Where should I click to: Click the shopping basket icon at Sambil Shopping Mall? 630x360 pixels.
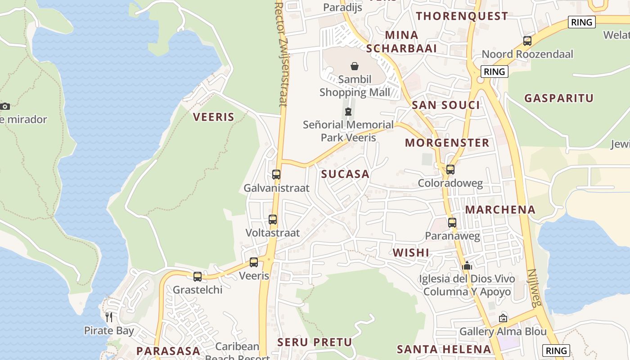(x=355, y=66)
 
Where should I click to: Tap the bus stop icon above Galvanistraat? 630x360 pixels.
(x=276, y=175)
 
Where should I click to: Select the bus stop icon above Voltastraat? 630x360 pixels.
(x=273, y=220)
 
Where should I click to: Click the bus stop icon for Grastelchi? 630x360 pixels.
(x=198, y=277)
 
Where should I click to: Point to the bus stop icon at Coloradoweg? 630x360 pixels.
(x=450, y=170)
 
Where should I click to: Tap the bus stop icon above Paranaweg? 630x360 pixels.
(x=452, y=223)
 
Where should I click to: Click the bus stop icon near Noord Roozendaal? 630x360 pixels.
(x=527, y=41)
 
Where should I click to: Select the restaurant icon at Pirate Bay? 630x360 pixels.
(x=109, y=317)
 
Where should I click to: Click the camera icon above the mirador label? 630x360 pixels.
(x=5, y=107)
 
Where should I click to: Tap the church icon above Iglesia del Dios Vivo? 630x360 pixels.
(x=467, y=266)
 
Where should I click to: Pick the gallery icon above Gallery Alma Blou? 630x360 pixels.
(x=503, y=318)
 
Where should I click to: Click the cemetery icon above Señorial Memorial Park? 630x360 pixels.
(x=348, y=112)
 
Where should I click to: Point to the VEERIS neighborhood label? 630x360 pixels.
(x=214, y=117)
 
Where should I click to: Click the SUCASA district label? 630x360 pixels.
(x=345, y=174)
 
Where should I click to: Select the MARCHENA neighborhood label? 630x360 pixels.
(x=500, y=210)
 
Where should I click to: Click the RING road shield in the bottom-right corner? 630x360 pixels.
(x=556, y=351)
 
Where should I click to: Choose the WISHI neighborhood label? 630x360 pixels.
(x=411, y=252)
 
